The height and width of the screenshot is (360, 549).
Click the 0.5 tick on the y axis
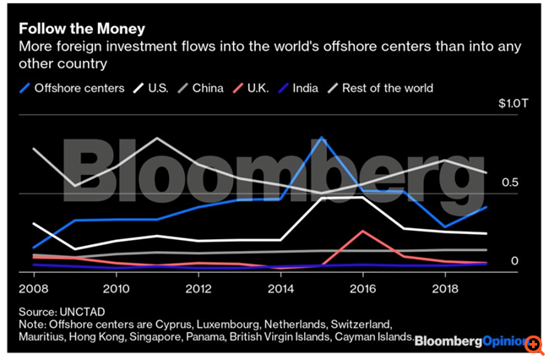509,183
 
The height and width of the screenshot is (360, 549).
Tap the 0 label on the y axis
514,260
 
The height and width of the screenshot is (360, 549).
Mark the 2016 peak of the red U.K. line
362,231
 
